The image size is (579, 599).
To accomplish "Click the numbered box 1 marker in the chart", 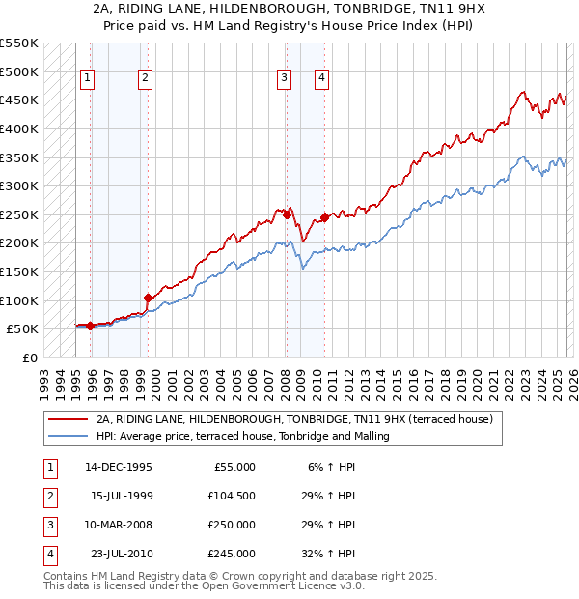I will (x=88, y=79).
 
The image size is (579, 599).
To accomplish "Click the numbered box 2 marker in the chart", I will (x=145, y=79).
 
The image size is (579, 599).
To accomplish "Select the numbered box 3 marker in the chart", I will (x=285, y=79).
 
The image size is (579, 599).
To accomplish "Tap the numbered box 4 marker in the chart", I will (x=321, y=79).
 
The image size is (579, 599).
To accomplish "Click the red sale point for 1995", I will (x=91, y=326).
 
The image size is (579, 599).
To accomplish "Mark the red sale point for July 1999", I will (x=148, y=298).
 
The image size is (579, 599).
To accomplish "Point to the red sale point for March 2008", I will (x=287, y=214).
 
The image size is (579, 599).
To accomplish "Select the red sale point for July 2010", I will (x=324, y=217).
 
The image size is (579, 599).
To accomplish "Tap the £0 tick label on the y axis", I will (x=29, y=357).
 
